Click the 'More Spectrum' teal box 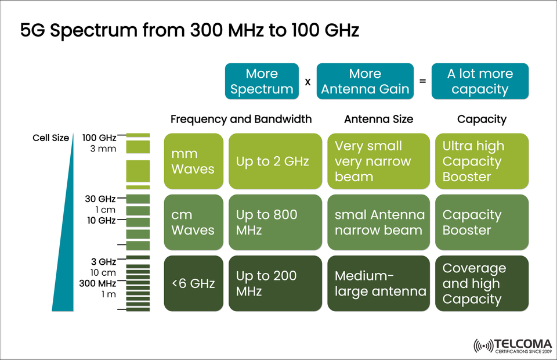[x=262, y=81]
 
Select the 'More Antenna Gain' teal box [x=365, y=81]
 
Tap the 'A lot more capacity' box [x=480, y=81]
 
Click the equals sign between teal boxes [x=422, y=82]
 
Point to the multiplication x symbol [x=308, y=82]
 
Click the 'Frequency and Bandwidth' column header [x=241, y=119]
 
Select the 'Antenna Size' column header [x=378, y=119]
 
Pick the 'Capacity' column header [x=482, y=119]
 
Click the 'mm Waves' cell [x=193, y=161]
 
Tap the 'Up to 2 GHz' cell [x=275, y=161]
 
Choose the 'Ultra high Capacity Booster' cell [x=482, y=161]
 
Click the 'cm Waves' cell [x=193, y=222]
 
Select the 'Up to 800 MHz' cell [x=275, y=222]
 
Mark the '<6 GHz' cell [x=193, y=283]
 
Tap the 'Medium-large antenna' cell [x=381, y=283]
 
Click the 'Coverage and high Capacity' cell [x=482, y=283]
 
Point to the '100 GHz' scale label [x=99, y=138]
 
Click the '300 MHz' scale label [x=98, y=283]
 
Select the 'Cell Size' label [x=50, y=138]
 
